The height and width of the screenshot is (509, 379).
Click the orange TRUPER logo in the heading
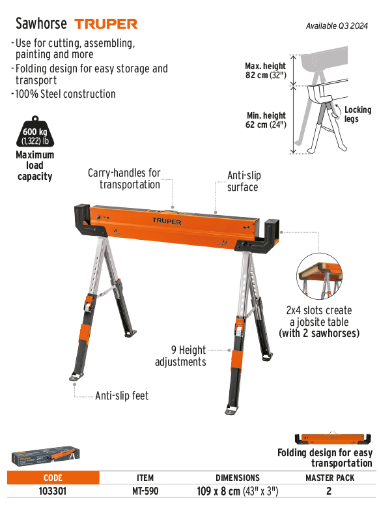[106, 24]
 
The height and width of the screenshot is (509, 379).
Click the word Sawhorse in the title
[41, 23]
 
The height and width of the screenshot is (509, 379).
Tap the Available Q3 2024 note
[337, 26]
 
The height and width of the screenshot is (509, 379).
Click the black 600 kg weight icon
[35, 132]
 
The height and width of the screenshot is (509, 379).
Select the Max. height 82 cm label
[266, 70]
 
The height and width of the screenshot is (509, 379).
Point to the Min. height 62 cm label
[266, 120]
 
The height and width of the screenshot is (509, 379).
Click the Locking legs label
[358, 114]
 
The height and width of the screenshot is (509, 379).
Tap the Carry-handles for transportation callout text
[124, 179]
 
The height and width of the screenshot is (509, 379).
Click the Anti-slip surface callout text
[244, 181]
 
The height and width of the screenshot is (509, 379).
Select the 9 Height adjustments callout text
[180, 356]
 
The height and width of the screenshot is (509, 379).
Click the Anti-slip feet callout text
[122, 396]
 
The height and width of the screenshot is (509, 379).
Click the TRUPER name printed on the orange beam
[167, 222]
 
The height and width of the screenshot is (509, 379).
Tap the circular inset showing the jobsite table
[319, 276]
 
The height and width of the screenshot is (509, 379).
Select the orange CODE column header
[53, 478]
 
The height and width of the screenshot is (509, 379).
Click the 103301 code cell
[53, 491]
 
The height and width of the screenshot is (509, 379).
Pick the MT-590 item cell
[145, 491]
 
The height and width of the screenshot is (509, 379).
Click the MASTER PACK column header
[330, 478]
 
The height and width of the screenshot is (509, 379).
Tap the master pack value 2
[329, 491]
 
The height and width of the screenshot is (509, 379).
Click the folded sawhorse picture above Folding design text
[333, 438]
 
